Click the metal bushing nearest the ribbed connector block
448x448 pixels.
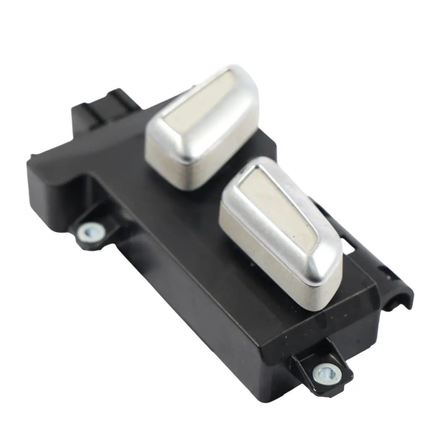(90, 231)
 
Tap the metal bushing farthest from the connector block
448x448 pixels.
(327, 371)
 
